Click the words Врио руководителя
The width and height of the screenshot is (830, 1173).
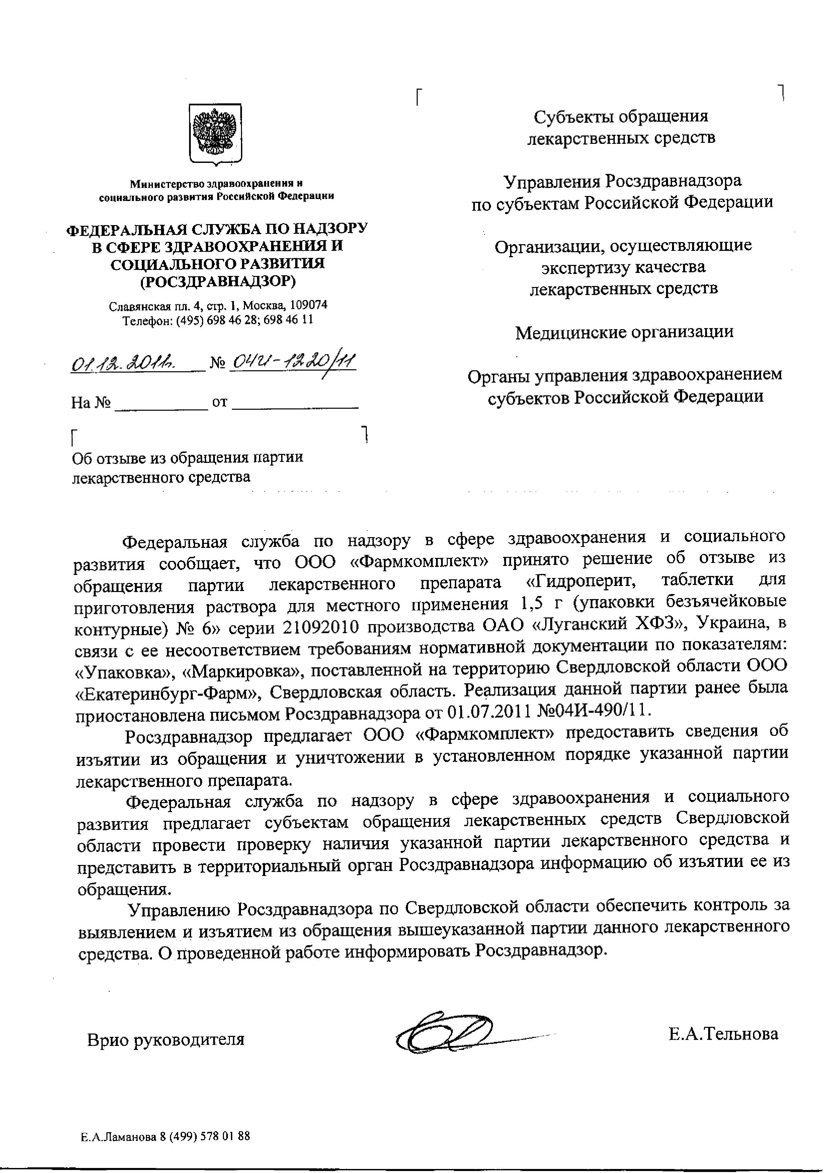pyautogui.click(x=166, y=1040)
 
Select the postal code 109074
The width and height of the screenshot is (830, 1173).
pyautogui.click(x=309, y=305)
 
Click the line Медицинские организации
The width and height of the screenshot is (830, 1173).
pyautogui.click(x=624, y=332)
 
